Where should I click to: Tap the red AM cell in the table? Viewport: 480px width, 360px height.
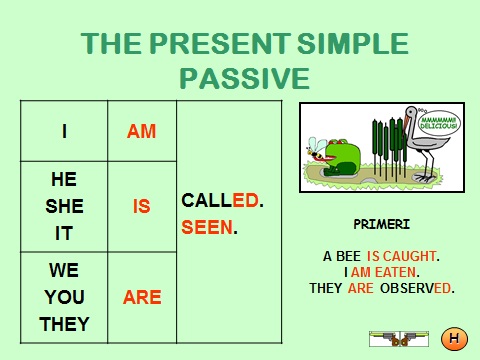[142, 130]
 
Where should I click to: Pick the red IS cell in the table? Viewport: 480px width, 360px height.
[142, 206]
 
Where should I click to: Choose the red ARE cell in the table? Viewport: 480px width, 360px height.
[142, 297]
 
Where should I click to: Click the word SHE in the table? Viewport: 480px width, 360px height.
[64, 206]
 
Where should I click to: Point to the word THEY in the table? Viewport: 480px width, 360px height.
[64, 323]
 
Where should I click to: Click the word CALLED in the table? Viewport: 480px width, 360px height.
[220, 200]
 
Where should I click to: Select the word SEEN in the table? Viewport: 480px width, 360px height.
[206, 227]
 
